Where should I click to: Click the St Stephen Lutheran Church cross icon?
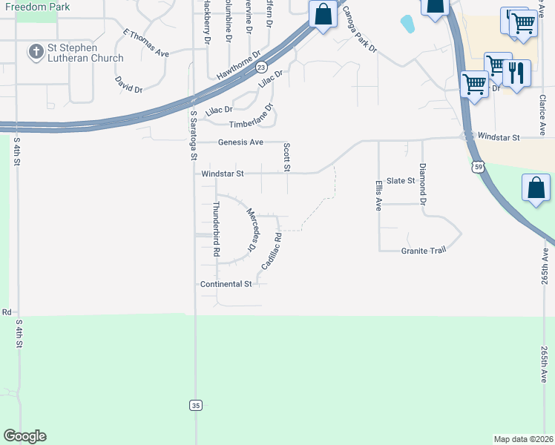(x=35, y=52)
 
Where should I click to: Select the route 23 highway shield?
(x=262, y=67)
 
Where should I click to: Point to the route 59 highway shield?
(x=479, y=168)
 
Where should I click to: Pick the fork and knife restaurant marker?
(x=516, y=74)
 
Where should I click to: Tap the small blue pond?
(x=407, y=24)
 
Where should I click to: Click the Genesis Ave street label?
(x=240, y=142)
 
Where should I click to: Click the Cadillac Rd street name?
(x=271, y=251)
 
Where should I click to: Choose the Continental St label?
(x=226, y=284)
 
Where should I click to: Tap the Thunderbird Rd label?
(x=216, y=229)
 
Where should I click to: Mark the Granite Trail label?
(x=424, y=251)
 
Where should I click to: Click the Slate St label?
(x=400, y=181)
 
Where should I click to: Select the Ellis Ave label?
(x=378, y=194)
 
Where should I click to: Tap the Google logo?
(x=24, y=436)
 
